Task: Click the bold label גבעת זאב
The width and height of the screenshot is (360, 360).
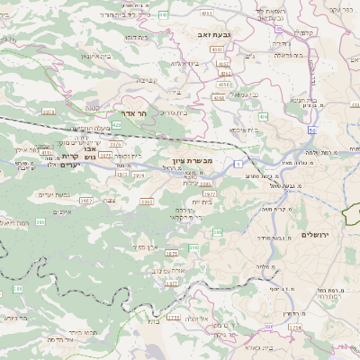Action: [x=209, y=32]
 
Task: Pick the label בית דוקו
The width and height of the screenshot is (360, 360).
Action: [x=136, y=39]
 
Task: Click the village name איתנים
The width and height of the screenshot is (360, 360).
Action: [x=62, y=211]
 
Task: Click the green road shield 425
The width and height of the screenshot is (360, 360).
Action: [x=117, y=125]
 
